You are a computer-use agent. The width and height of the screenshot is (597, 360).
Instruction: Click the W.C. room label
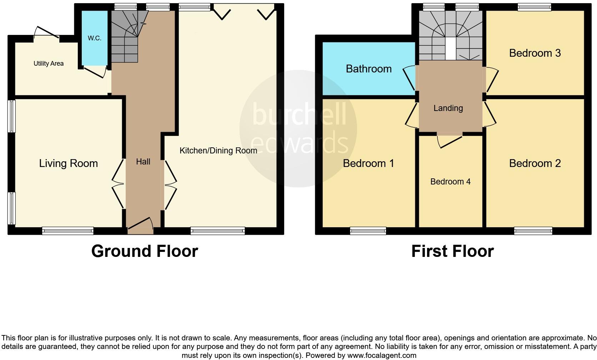tap(94, 38)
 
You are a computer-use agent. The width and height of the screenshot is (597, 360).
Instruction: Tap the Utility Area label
tap(49, 64)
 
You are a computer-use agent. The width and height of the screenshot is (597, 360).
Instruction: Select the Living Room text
tap(68, 163)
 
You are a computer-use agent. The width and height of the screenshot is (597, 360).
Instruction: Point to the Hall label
tap(143, 162)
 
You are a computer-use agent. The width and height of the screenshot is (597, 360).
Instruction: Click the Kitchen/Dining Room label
tap(218, 151)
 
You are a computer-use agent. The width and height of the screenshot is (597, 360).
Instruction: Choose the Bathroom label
tap(368, 69)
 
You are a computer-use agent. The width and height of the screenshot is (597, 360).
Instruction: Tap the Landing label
tap(448, 108)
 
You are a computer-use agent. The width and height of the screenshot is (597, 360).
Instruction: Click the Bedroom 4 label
tap(450, 182)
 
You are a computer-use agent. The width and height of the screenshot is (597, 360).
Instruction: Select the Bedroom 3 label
tap(535, 53)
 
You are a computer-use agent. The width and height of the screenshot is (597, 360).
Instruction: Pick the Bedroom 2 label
tap(535, 163)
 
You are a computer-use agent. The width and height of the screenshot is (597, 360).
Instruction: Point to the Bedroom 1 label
tap(368, 163)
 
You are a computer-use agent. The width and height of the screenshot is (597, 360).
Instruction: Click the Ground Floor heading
tap(144, 251)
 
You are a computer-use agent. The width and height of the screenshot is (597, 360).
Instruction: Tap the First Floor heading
tap(452, 251)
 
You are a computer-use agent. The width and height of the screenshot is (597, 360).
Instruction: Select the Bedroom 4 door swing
tap(449, 140)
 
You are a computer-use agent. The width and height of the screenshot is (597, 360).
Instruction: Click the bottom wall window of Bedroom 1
tap(368, 231)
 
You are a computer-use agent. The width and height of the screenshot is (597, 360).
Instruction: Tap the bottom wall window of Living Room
tap(67, 231)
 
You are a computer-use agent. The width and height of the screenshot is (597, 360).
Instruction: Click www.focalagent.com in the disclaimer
tap(381, 355)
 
